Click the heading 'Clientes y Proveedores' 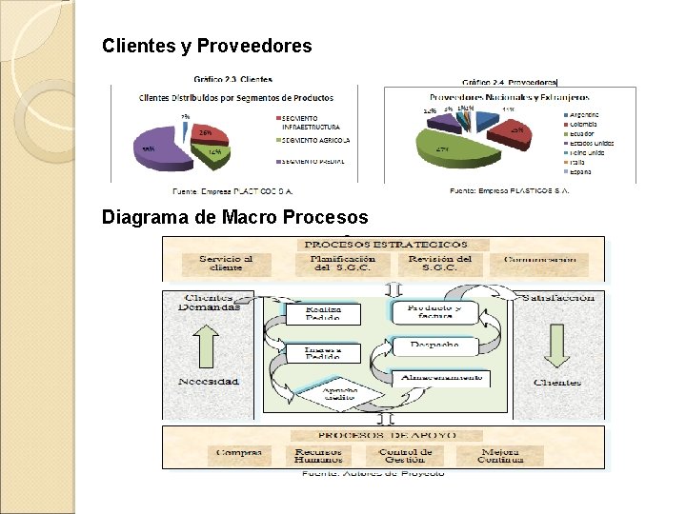pos(207,45)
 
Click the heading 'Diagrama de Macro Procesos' pos(234,217)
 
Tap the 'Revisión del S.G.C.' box pos(439,264)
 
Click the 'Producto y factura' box pos(434,313)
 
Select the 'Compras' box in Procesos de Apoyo pos(238,453)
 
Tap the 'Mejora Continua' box pos(500,456)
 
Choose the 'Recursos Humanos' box pos(319,456)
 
